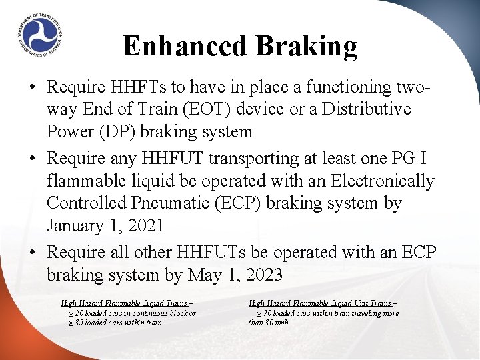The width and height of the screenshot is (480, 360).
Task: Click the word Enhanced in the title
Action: pos(176,46)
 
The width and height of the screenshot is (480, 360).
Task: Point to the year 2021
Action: pos(143,225)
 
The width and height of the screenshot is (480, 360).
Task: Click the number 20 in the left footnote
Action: pos(80,313)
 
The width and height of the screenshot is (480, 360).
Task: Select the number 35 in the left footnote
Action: pos(80,323)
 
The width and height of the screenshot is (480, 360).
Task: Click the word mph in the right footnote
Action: pos(281,323)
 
